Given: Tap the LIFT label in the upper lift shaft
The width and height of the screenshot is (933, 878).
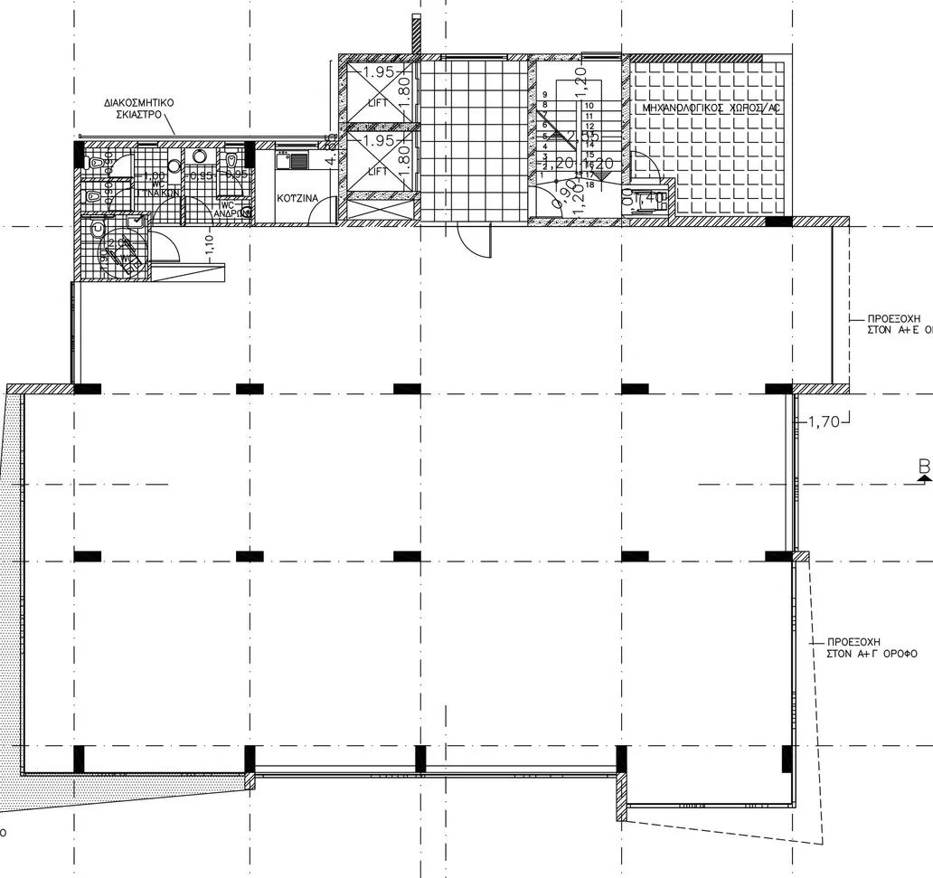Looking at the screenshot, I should coord(378,103).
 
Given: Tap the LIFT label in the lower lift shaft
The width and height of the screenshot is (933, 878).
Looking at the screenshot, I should coord(378,171).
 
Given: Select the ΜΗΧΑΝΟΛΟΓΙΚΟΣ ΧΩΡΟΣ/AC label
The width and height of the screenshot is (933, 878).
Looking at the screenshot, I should coord(709,109).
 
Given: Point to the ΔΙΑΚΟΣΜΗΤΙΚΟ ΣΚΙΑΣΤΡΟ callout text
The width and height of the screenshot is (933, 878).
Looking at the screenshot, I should coord(138,109).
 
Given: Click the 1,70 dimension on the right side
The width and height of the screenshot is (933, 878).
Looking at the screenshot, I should coord(824,420).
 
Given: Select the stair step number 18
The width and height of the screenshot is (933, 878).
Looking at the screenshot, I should coord(589,184).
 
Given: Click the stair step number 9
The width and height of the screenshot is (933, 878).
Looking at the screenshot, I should coord(544,95).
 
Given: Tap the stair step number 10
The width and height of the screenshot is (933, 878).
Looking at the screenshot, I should coord(589,106).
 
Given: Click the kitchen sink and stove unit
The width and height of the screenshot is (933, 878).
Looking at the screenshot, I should coord(293,161).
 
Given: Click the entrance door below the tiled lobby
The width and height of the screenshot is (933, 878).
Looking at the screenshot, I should coord(473,239).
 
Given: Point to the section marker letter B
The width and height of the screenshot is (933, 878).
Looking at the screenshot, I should coord(924,467).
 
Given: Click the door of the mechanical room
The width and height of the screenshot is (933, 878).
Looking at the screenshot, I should coord(646,168).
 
